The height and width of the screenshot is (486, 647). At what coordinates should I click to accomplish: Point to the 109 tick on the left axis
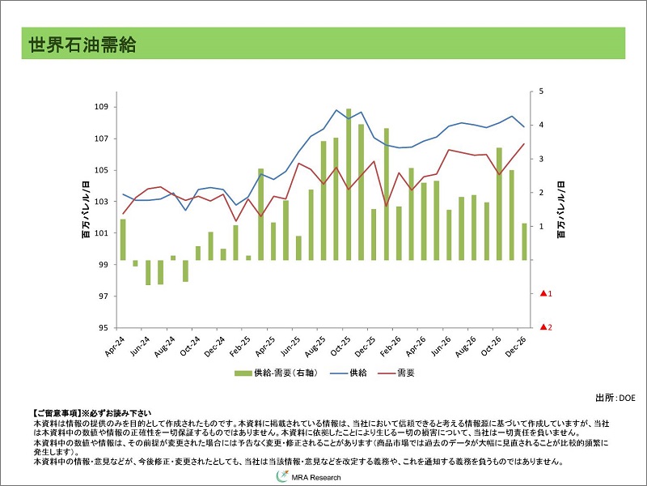point(102,107)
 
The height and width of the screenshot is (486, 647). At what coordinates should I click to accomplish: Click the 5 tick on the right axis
point(541,92)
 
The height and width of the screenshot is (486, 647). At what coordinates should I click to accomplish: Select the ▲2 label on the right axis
point(545,327)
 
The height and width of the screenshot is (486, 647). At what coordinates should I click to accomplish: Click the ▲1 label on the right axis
point(545,293)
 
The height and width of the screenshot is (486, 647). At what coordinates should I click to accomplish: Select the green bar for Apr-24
point(123,240)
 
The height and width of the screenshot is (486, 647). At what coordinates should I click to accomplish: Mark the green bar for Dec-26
point(524,241)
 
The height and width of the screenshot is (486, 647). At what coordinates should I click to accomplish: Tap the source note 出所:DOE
point(615,398)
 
